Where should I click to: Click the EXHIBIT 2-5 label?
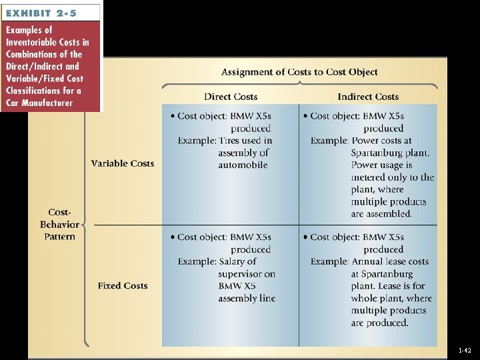(x=41, y=12)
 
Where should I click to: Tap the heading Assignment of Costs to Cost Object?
(x=299, y=72)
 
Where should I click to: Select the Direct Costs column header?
(x=231, y=97)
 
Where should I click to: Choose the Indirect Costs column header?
(x=368, y=97)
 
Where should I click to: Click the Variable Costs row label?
(x=123, y=163)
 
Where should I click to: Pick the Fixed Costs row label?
(x=123, y=285)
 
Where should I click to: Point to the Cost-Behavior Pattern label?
(x=59, y=224)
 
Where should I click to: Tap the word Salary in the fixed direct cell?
(x=233, y=261)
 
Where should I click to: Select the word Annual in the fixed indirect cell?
(x=371, y=261)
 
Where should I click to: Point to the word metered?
(x=371, y=177)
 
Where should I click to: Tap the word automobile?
(x=243, y=165)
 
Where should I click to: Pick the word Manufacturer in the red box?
(x=48, y=103)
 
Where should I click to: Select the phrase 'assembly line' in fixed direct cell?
(x=247, y=298)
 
